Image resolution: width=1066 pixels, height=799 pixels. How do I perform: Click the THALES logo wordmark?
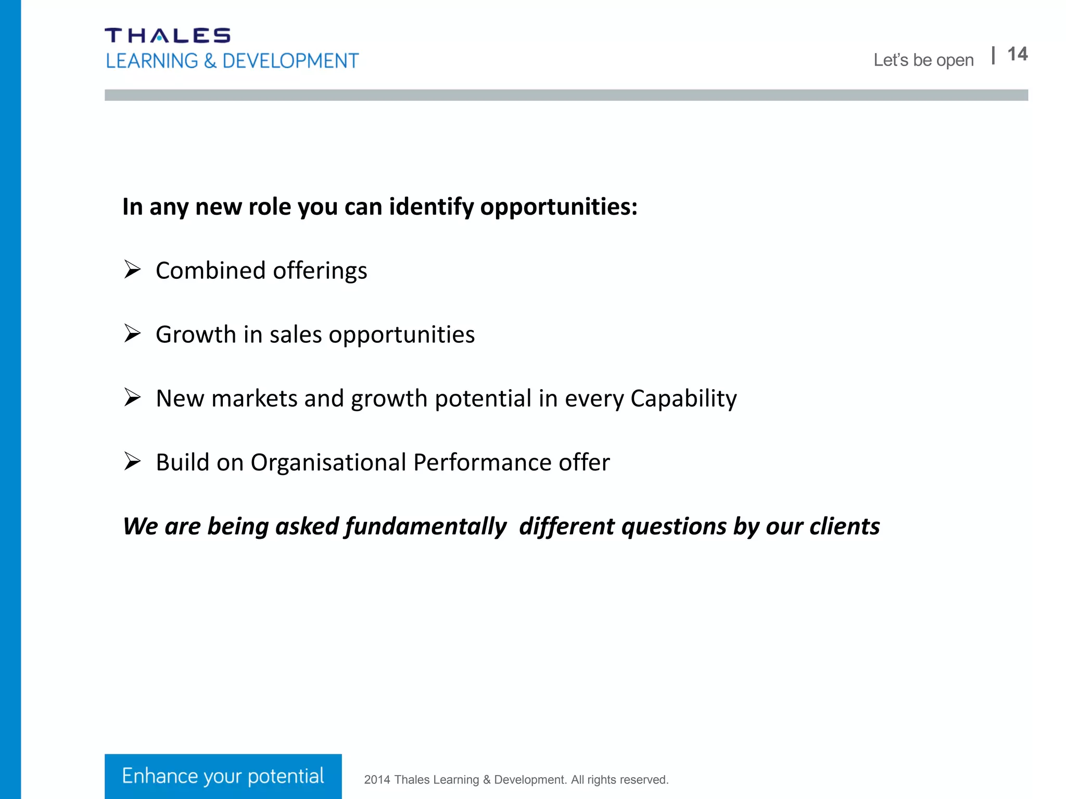point(167,35)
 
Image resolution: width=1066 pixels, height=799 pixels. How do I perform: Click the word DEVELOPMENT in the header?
point(290,61)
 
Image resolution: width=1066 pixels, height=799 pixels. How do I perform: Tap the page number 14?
point(1017,54)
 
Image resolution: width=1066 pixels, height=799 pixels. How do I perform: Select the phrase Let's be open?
point(923,60)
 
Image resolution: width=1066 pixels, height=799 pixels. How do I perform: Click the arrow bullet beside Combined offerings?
point(132,269)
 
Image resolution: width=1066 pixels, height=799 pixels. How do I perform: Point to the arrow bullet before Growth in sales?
point(132,333)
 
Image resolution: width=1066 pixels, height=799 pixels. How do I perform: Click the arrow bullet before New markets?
point(132,397)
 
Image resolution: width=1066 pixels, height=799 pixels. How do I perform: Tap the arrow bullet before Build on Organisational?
point(132,461)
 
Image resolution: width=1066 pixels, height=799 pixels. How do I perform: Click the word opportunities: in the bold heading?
point(559,208)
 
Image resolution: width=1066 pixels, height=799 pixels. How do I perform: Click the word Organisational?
point(328,462)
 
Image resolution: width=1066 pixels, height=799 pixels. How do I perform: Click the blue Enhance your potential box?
point(223,776)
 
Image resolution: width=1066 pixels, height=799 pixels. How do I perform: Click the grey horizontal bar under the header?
point(566,95)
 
